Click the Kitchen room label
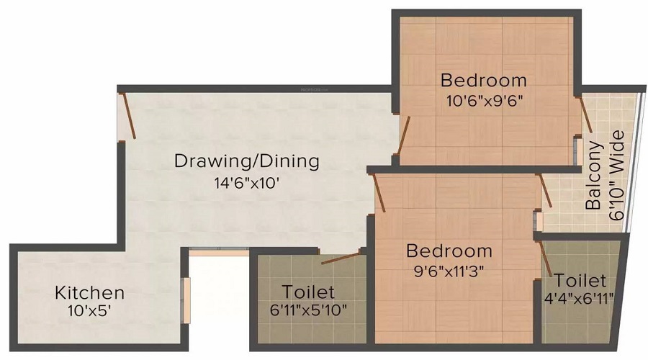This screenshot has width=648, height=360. click(90, 293)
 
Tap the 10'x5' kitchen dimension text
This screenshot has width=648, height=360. click(90, 312)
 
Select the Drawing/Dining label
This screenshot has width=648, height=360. click(247, 161)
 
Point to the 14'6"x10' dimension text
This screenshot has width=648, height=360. click(247, 183)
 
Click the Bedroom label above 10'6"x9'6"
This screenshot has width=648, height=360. click(484, 79)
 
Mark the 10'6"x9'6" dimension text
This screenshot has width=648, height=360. click(484, 100)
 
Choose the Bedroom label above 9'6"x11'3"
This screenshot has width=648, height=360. click(449, 251)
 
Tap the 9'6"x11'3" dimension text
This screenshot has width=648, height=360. click(449, 271)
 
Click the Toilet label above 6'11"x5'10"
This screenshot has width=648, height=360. click(308, 292)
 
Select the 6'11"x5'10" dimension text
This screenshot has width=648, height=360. click(308, 312)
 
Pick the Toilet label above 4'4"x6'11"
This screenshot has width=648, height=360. click(580, 280)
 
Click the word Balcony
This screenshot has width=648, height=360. click(594, 175)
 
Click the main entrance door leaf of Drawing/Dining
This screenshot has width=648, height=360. click(127, 113)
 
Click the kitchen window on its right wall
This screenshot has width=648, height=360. click(186, 300)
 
